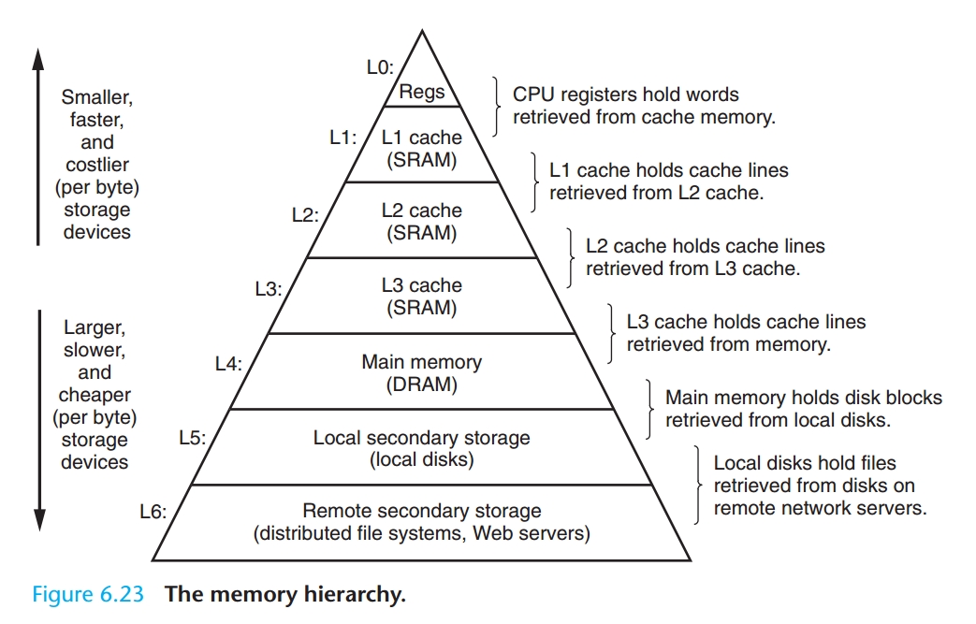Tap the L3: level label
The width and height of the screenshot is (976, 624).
pos(268,290)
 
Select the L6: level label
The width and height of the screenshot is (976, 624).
pos(152,513)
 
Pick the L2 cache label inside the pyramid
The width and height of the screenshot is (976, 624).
pos(421,211)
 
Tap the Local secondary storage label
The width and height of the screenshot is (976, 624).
pos(421,438)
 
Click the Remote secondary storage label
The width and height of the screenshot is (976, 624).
pos(421,511)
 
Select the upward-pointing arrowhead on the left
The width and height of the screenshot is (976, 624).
pos(38,58)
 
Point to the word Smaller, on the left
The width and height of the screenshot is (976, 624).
pos(96,97)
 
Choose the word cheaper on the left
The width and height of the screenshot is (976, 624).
pos(95,395)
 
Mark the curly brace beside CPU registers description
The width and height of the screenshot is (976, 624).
pos(497,106)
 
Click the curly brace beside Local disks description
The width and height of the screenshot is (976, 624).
pos(698,485)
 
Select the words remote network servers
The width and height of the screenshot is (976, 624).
pos(820,509)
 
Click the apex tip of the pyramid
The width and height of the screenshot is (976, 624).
pos(421,31)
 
